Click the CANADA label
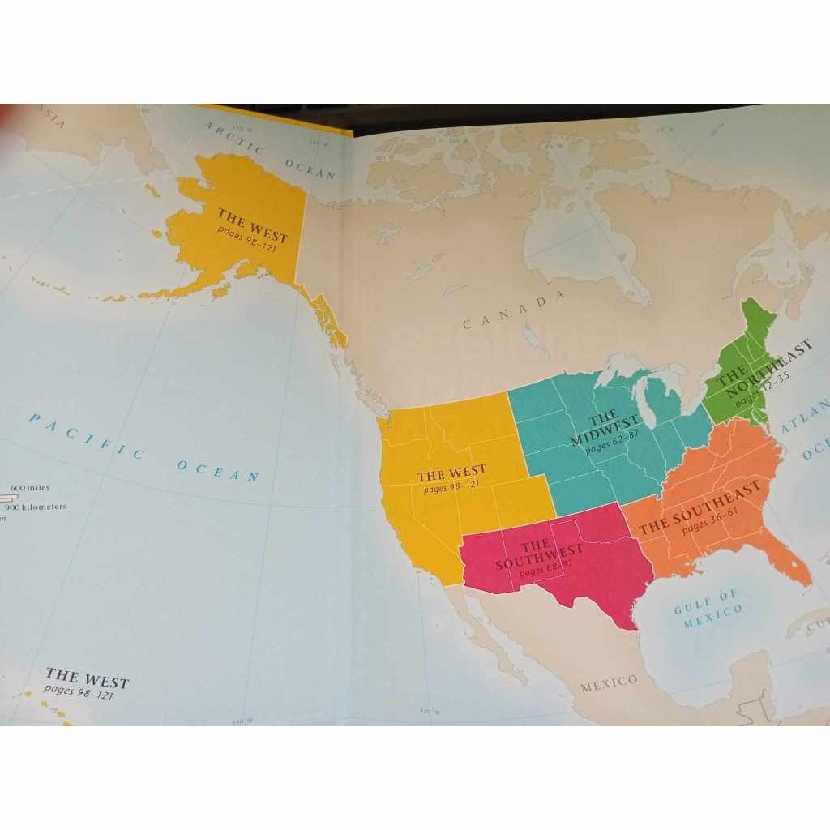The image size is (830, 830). pos(514,310)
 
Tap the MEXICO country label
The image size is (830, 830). pos(609,682)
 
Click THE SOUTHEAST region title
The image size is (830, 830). pos(700,509)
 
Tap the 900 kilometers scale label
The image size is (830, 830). pos(37,507)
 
